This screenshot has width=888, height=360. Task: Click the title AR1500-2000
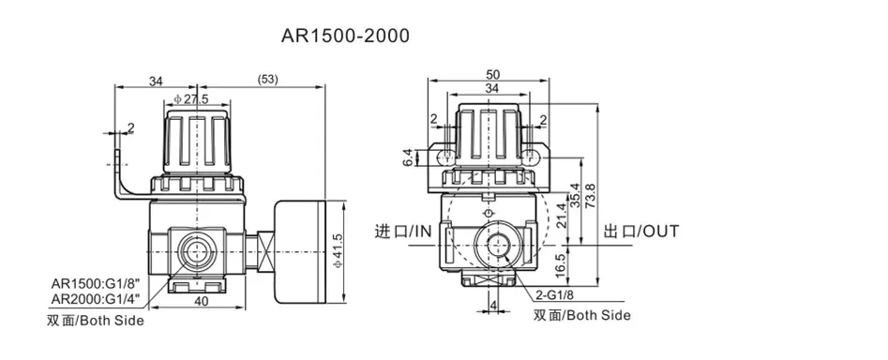click(x=345, y=37)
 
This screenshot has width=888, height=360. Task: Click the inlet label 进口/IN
click(x=402, y=231)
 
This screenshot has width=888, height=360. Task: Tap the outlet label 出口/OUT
click(x=640, y=231)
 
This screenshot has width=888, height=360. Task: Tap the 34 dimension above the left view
click(x=155, y=81)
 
